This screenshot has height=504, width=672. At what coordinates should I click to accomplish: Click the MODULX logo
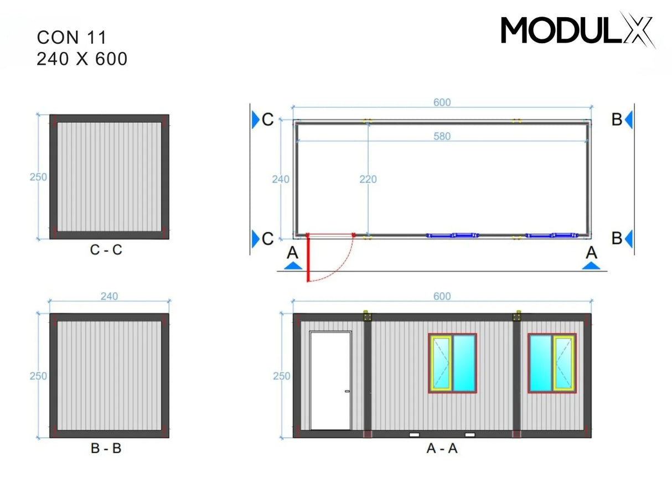pyautogui.click(x=577, y=30)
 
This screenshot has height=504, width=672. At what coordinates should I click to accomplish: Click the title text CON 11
pyautogui.click(x=71, y=38)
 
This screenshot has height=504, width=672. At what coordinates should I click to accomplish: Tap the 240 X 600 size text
pyautogui.click(x=82, y=59)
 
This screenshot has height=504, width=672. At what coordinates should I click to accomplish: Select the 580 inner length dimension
pyautogui.click(x=442, y=136)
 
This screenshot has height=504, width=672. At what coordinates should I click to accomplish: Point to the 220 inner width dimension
pyautogui.click(x=368, y=179)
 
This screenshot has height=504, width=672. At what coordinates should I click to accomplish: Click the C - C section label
pyautogui.click(x=106, y=250)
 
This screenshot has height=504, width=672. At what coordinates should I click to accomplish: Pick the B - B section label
pyautogui.click(x=106, y=448)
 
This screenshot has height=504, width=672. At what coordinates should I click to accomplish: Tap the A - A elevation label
pyautogui.click(x=442, y=448)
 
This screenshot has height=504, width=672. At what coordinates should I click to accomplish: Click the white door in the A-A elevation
pyautogui.click(x=330, y=381)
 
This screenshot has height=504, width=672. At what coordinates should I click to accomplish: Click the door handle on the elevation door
pyautogui.click(x=347, y=392)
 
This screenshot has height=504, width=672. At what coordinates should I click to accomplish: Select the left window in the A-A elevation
pyautogui.click(x=452, y=363)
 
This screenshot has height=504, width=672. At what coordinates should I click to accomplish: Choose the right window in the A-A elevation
pyautogui.click(x=552, y=363)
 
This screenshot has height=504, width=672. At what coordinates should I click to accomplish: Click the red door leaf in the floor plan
pyautogui.click(x=308, y=258)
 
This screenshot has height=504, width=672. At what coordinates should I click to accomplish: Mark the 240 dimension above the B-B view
pyautogui.click(x=109, y=297)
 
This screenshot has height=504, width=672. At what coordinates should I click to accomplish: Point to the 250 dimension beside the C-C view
pyautogui.click(x=38, y=178)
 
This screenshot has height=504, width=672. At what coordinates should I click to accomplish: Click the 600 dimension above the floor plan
pyautogui.click(x=442, y=102)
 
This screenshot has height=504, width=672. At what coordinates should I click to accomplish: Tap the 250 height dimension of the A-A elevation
pyautogui.click(x=281, y=376)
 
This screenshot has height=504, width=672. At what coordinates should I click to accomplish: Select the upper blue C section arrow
pyautogui.click(x=255, y=119)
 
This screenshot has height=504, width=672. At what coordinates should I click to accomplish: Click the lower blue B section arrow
pyautogui.click(x=629, y=238)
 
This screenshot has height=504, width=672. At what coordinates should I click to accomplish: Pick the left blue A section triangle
pyautogui.click(x=293, y=266)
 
